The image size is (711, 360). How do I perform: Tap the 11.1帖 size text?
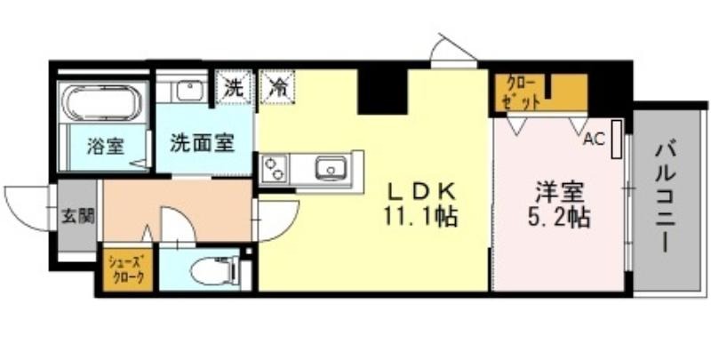[x=420, y=217]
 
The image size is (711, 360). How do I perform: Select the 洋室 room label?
[x=559, y=193]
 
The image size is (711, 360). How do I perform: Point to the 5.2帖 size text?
[x=559, y=218]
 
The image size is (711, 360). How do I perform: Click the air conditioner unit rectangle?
[x=616, y=139]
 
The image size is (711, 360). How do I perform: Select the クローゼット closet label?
[x=522, y=93]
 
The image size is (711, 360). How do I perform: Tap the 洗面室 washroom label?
[x=203, y=144]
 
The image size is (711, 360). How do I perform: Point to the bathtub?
[x=102, y=102]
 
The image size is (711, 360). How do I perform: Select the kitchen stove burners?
[x=274, y=168]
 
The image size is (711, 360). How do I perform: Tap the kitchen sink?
[x=331, y=168]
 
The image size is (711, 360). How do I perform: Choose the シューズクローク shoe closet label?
[x=126, y=269]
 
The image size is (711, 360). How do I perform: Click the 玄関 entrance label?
[x=78, y=217]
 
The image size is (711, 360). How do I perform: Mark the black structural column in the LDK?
[x=384, y=91]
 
